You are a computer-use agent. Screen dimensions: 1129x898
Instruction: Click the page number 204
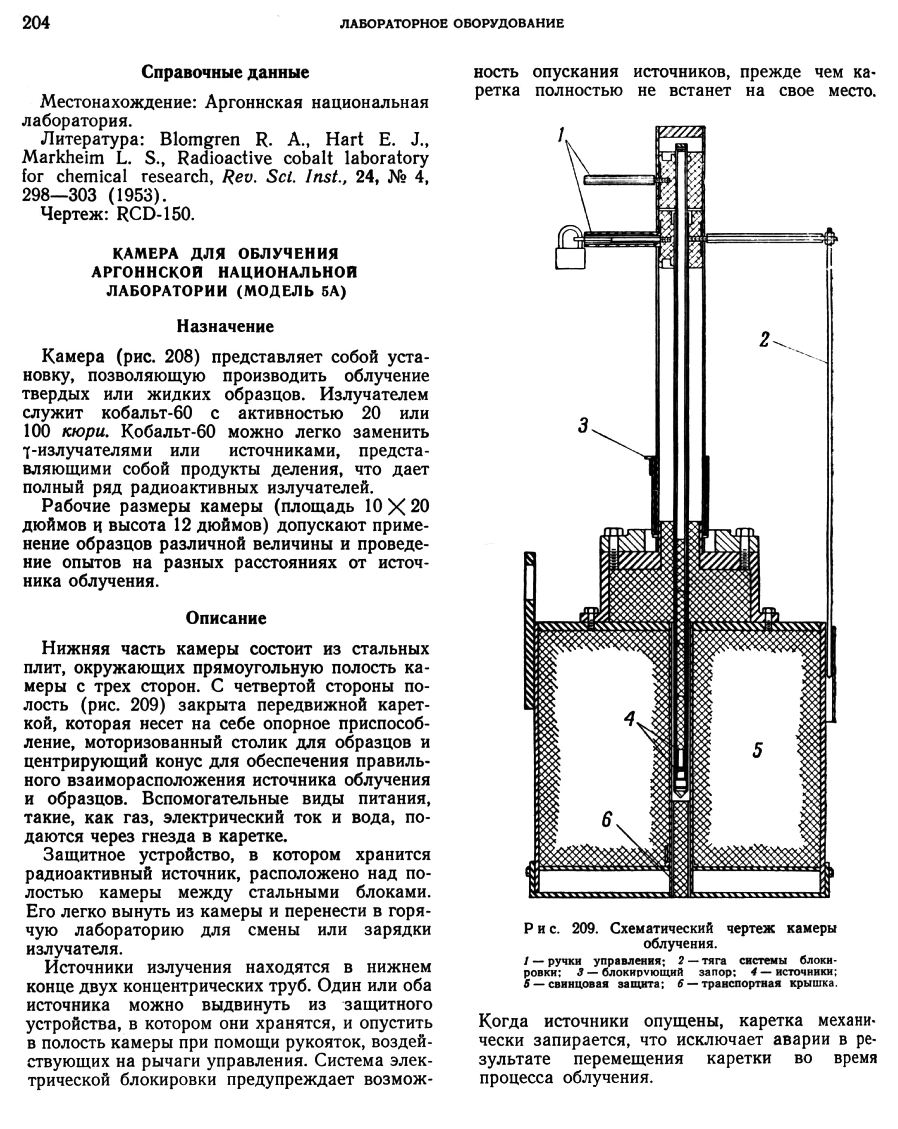click(36, 23)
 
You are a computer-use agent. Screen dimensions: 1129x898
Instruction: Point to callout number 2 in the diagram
click(764, 340)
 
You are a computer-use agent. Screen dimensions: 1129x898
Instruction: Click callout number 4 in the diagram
click(630, 719)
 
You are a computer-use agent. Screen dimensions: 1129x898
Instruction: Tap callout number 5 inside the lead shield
click(757, 750)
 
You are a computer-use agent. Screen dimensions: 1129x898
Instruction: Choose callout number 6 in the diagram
click(607, 819)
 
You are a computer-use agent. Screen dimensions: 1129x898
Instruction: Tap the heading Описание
click(226, 619)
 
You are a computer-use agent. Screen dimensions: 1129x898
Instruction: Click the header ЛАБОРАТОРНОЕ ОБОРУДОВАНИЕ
click(452, 24)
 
